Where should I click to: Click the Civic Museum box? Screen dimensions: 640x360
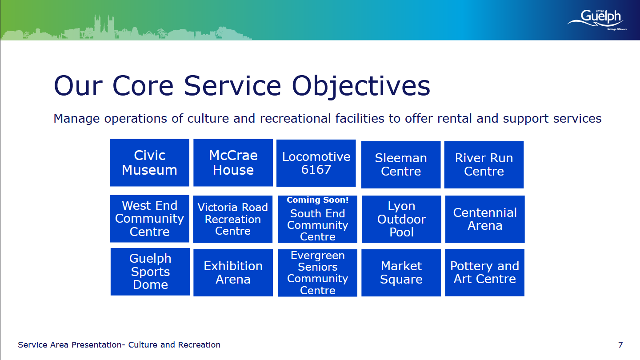tap(149, 163)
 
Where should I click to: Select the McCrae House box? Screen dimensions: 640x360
tap(233, 163)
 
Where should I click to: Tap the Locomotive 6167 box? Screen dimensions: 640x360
tap(316, 163)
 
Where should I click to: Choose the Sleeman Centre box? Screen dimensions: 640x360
tap(401, 164)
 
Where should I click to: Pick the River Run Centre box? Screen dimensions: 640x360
tap(484, 164)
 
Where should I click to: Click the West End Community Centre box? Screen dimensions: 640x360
tap(149, 219)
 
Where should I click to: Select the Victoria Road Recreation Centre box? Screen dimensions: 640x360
tap(233, 219)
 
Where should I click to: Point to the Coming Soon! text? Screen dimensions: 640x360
tap(318, 200)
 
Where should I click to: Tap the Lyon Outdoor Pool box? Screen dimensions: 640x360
tap(401, 219)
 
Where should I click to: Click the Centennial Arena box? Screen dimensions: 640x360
tap(485, 219)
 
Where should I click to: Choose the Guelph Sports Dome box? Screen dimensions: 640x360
tap(150, 272)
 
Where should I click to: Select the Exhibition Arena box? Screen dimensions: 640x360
tap(233, 272)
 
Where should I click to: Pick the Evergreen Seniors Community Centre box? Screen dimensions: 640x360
tap(317, 273)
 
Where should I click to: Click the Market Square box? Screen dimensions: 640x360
tap(401, 272)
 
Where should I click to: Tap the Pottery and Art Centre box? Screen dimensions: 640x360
tap(484, 272)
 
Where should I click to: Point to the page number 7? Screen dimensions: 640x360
tap(620, 345)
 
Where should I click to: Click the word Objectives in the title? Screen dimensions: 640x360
tap(361, 86)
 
